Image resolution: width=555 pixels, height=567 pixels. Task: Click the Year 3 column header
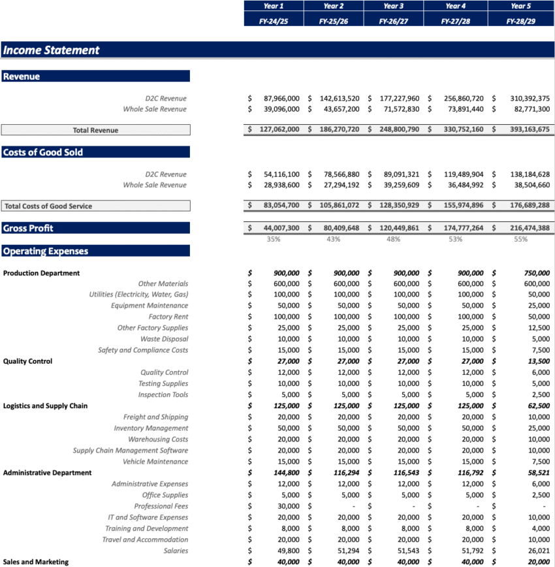point(393,6)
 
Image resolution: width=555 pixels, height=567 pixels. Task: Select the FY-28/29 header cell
point(520,21)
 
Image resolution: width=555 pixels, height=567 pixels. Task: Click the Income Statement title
point(52,50)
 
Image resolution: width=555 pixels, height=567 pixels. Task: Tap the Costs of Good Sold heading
point(43,152)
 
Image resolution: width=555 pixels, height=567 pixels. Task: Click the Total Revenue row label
point(95,130)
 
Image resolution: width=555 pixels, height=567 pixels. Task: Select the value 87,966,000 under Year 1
point(281,99)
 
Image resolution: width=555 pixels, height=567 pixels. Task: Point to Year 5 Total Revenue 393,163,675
point(530,130)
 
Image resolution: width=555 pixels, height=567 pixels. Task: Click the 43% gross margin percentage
point(333,239)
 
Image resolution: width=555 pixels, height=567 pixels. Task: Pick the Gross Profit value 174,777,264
point(464,228)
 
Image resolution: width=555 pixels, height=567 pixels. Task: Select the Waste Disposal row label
point(164,339)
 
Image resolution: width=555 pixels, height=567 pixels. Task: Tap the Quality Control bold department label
point(27,361)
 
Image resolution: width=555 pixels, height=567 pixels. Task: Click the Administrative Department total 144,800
point(284,473)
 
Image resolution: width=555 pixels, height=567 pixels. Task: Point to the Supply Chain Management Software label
point(130,451)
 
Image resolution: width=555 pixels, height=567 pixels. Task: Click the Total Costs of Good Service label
point(48,206)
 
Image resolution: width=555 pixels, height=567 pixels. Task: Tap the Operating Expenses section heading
point(46,251)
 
